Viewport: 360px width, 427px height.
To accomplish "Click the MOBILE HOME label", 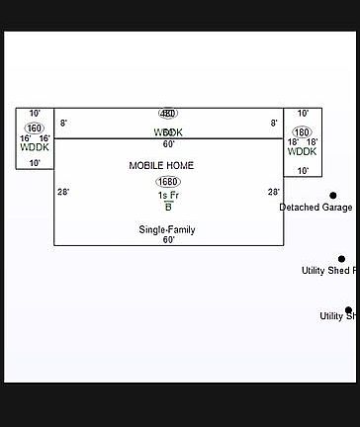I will click(x=161, y=166).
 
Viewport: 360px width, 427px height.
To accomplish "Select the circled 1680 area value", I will click(x=168, y=182).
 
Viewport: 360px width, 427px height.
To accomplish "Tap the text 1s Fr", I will click(x=168, y=196).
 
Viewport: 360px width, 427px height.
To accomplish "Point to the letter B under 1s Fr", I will click(x=168, y=207).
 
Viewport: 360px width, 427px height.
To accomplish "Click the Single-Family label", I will click(x=166, y=229).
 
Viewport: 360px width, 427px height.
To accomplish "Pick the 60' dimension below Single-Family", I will click(x=168, y=240).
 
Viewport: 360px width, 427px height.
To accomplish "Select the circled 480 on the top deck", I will click(x=168, y=114).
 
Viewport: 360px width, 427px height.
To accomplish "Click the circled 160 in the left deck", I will click(x=35, y=128).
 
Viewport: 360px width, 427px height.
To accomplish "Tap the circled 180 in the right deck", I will click(x=302, y=132).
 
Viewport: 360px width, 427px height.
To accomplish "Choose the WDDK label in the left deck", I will click(x=35, y=148).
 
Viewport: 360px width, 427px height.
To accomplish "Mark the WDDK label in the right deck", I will click(x=302, y=152).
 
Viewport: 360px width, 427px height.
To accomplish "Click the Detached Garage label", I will click(x=315, y=208).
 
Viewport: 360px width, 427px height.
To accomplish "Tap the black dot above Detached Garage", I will click(x=333, y=196).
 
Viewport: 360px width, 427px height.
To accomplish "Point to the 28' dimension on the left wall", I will click(x=63, y=193).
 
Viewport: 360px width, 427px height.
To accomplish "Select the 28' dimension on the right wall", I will click(x=274, y=193).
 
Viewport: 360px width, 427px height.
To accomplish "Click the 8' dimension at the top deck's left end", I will click(x=63, y=124).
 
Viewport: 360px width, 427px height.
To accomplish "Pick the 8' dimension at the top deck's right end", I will click(x=274, y=124).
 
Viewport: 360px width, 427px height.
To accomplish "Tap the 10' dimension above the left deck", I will click(x=35, y=114).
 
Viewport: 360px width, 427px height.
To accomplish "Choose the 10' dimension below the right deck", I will click(x=303, y=171).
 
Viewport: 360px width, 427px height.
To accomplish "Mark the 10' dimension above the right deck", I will click(x=303, y=114).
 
